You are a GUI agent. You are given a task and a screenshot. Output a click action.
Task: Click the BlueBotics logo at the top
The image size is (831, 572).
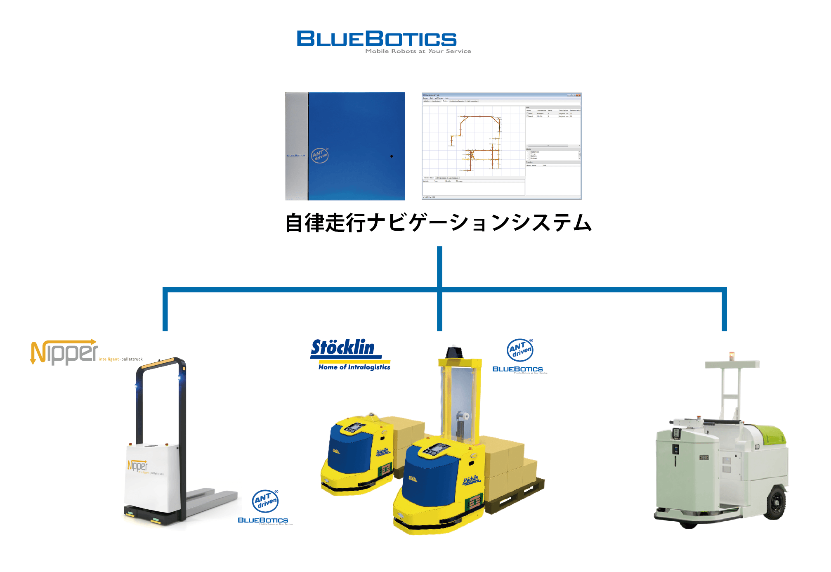(x=376, y=39)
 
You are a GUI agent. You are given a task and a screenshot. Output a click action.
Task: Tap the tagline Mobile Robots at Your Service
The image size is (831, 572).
(x=418, y=51)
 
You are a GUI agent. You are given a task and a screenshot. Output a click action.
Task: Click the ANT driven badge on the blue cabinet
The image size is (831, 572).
(x=320, y=156)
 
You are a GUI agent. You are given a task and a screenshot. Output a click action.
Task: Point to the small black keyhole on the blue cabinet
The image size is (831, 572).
(x=392, y=156)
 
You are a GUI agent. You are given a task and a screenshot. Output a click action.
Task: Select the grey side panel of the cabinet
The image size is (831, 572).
(x=297, y=146)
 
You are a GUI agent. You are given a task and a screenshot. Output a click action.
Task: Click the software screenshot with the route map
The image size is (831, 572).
(x=501, y=146)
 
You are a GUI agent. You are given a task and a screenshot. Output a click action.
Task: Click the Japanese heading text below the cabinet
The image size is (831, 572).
(x=439, y=223)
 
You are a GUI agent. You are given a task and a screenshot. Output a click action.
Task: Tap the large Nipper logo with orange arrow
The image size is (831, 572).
(x=64, y=352)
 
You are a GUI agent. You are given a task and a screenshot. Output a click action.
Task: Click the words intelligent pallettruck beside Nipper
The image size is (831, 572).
(x=121, y=359)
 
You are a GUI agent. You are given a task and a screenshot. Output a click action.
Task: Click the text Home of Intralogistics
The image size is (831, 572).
(x=354, y=367)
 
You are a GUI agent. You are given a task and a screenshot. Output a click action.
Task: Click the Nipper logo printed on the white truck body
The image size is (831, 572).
(x=137, y=466)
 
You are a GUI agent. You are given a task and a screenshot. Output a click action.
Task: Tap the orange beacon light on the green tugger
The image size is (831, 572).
(x=732, y=355)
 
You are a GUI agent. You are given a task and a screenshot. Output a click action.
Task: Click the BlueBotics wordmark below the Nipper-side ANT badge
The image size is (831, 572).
(x=263, y=520)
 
